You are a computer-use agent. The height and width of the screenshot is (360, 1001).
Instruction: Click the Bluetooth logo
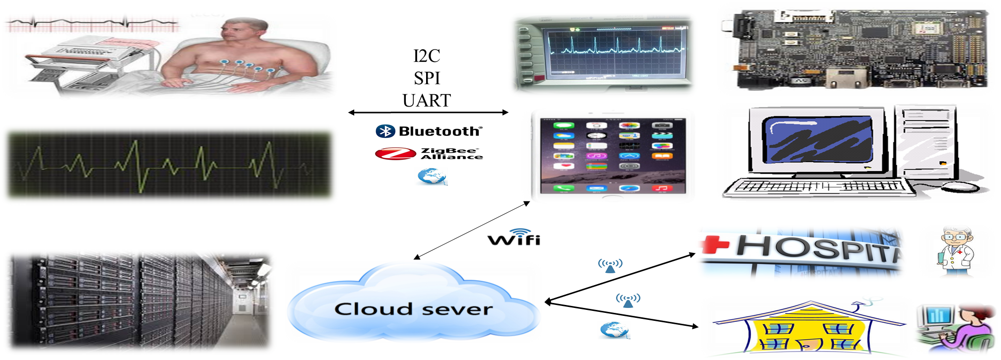point(429,131)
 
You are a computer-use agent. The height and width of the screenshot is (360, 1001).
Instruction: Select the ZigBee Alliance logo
point(429,154)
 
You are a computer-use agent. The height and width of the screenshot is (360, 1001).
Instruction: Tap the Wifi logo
point(514,238)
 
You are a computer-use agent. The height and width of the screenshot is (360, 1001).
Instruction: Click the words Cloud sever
point(413,309)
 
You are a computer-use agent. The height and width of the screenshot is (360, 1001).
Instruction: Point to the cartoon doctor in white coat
point(955,251)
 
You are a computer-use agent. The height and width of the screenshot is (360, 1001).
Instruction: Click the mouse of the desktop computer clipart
point(960,187)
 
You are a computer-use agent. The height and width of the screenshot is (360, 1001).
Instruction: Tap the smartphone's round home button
point(613,198)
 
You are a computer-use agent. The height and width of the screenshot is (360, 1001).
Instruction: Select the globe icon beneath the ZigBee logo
point(431,176)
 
